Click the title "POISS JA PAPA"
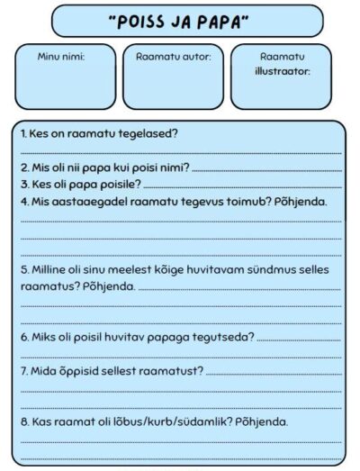tap(180, 22)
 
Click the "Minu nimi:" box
tap(66, 76)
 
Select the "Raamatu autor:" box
tap(174, 76)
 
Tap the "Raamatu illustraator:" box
tap(282, 76)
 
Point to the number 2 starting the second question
tap(23, 168)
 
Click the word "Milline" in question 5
tap(51, 269)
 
